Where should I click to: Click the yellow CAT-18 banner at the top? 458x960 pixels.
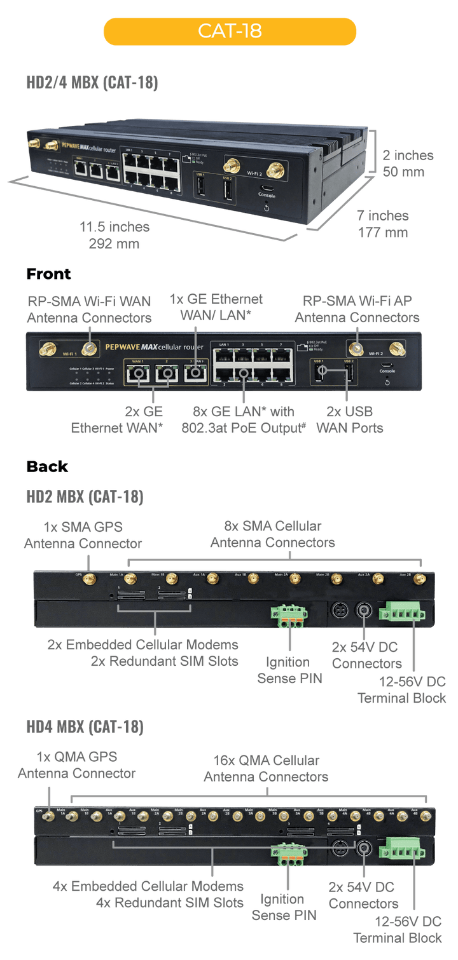[230, 31]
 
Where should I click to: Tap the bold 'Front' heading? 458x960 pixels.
[48, 274]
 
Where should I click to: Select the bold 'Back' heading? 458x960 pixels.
[47, 466]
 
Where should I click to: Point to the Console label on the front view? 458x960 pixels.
[387, 371]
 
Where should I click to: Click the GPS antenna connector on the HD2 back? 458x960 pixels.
[90, 579]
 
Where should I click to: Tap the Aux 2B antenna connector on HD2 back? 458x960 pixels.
[421, 579]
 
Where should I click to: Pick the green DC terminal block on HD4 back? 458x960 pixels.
[401, 848]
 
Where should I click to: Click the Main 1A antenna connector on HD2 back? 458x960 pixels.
[131, 579]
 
